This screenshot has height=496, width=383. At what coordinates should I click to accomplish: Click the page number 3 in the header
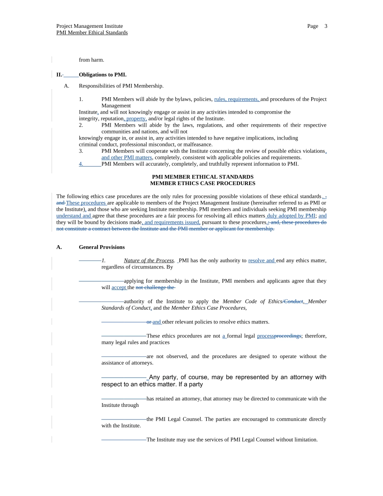[326, 26]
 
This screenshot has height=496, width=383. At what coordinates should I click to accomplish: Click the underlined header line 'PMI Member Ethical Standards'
[92, 33]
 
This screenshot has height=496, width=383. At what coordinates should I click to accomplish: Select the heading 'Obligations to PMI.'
[102, 75]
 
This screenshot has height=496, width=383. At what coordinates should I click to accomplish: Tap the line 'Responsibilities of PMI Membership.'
[121, 86]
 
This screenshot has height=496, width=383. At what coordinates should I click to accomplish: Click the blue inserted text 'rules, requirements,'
[237, 99]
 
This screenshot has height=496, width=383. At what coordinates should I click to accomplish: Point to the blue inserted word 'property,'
[136, 119]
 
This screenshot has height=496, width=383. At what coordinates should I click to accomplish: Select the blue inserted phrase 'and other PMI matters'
[127, 157]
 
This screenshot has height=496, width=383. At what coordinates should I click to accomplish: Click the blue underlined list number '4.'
[81, 164]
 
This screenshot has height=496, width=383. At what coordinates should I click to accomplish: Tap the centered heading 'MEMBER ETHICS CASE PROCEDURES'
[202, 183]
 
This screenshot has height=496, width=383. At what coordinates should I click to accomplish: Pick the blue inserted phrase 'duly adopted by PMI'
[291, 216]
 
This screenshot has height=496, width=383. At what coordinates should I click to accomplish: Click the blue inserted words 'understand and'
[74, 216]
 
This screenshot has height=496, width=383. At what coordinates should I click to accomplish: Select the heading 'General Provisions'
[102, 247]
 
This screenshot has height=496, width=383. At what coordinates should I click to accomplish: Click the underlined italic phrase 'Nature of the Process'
[149, 261]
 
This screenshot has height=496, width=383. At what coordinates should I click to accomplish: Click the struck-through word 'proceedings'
[287, 336]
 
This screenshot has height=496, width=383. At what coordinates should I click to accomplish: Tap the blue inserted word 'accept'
[119, 288]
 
